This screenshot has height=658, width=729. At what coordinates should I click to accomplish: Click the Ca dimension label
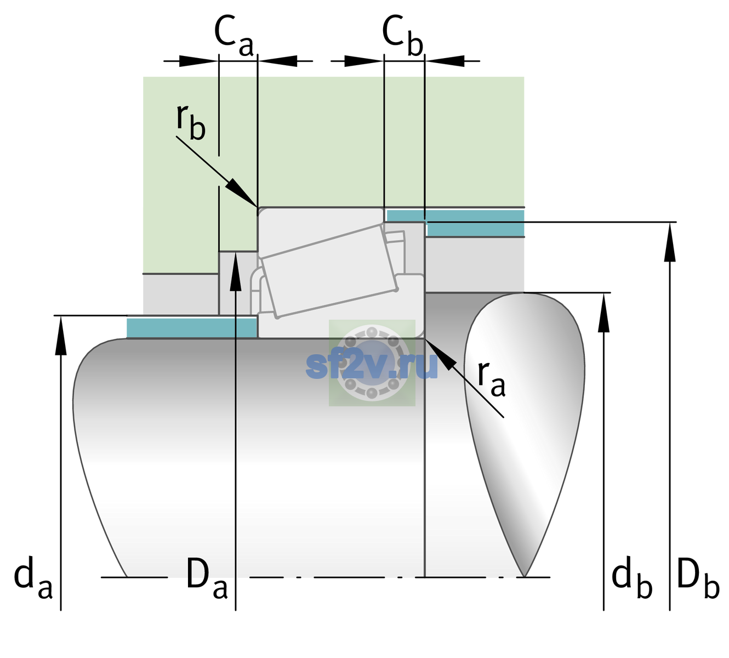(233, 36)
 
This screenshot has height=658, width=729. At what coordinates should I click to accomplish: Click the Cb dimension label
(403, 36)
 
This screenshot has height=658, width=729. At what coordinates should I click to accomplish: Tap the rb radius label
(191, 122)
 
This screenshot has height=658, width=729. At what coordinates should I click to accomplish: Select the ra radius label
(491, 378)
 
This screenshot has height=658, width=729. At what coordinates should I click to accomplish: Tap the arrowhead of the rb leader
(242, 193)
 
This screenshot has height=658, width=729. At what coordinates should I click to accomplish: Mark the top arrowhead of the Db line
(670, 242)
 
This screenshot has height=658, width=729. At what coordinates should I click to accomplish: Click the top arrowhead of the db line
(603, 313)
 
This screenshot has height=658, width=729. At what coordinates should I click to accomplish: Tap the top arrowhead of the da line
(61, 335)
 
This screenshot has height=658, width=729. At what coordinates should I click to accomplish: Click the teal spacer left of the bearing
(191, 328)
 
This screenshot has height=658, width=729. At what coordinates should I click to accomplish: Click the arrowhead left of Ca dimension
(198, 61)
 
